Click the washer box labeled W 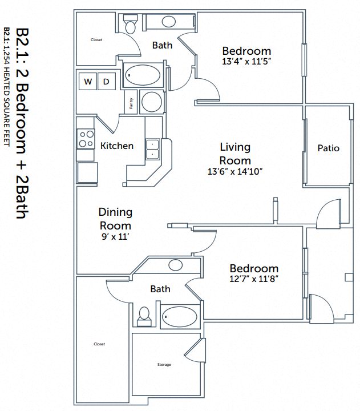(x=87, y=82)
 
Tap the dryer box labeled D (x=106, y=82)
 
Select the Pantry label (x=131, y=103)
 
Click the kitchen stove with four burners (x=86, y=139)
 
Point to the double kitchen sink (x=152, y=150)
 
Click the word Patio (x=328, y=148)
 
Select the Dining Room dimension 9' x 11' (x=116, y=237)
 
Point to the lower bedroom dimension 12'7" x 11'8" (x=254, y=279)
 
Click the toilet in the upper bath (x=130, y=26)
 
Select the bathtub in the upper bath (x=143, y=75)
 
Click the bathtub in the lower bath (x=180, y=316)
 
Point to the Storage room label (x=164, y=364)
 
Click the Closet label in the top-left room (x=96, y=40)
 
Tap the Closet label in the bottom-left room (x=100, y=344)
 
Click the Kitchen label (x=117, y=146)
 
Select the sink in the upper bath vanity (x=168, y=22)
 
